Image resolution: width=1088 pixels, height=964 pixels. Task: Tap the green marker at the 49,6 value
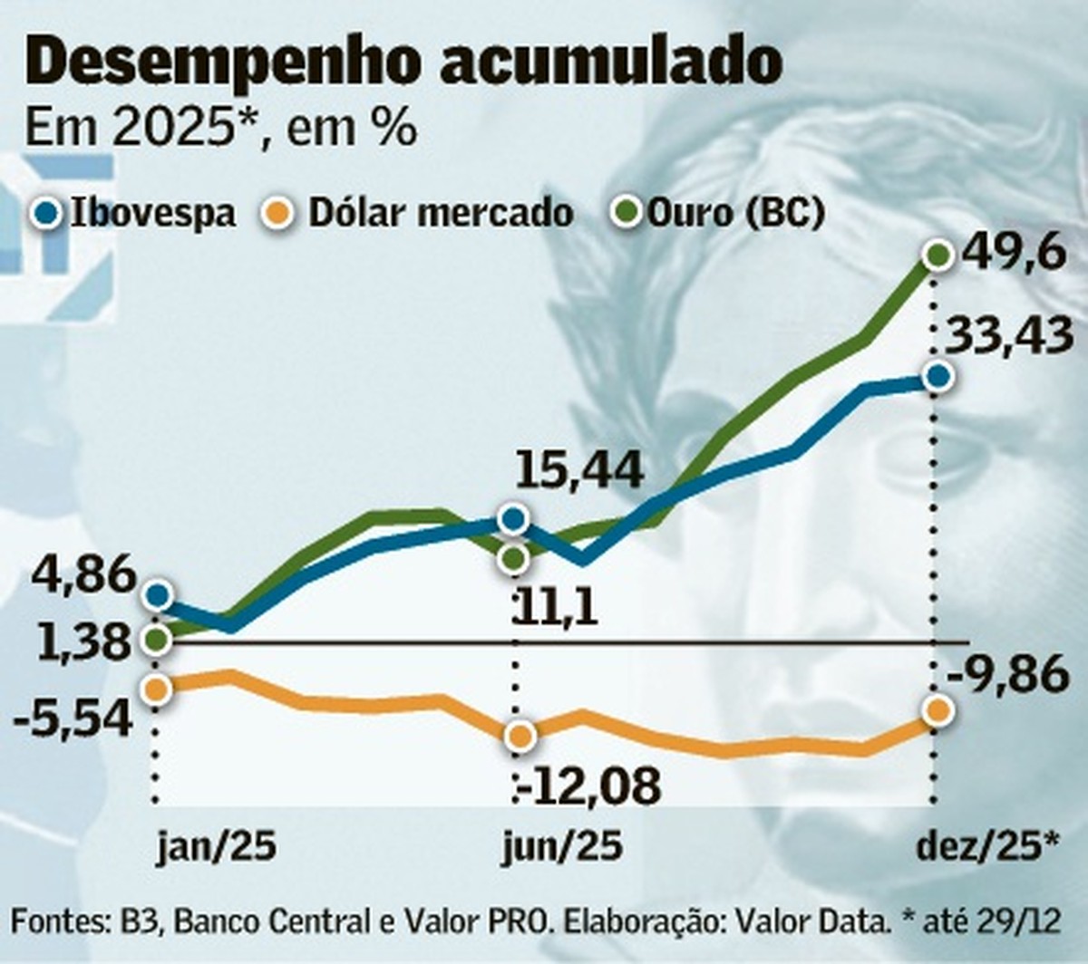click(937, 255)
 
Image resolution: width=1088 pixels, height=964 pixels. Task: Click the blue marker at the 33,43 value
click(937, 375)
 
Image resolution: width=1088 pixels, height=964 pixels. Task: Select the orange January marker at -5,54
click(156, 689)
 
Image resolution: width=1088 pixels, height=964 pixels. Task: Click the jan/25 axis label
click(216, 846)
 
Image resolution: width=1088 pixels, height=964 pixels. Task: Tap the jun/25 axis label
click(563, 846)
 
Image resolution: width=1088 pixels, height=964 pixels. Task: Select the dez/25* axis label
click(988, 846)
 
